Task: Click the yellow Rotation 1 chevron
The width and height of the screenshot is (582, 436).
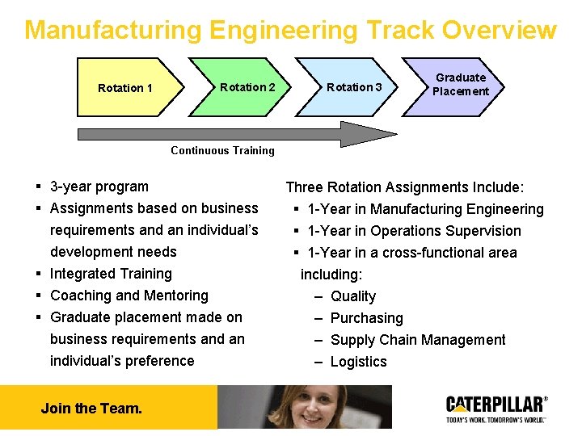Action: pyautogui.click(x=125, y=87)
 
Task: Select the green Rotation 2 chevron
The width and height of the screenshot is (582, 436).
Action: pyautogui.click(x=242, y=86)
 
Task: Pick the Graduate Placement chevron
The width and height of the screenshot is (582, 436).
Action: pyautogui.click(x=459, y=85)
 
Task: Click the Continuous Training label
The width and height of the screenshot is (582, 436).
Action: pyautogui.click(x=222, y=150)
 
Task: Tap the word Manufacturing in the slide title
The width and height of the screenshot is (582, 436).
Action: pyautogui.click(x=112, y=30)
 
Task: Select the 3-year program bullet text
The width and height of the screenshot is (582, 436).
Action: pyautogui.click(x=99, y=187)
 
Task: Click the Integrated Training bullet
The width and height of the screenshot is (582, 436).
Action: pyautogui.click(x=111, y=274)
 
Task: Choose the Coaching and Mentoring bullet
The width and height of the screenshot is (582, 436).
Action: pyautogui.click(x=129, y=296)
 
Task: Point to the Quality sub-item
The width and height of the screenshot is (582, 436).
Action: pyautogui.click(x=353, y=296)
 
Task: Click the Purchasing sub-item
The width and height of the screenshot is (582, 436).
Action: pyautogui.click(x=366, y=318)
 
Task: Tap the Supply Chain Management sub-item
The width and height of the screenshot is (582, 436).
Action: pyautogui.click(x=418, y=340)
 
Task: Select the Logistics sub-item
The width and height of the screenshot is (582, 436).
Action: pyautogui.click(x=358, y=362)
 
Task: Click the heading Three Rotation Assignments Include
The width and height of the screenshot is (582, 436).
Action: pyautogui.click(x=405, y=187)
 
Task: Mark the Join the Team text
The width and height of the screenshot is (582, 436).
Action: pyautogui.click(x=91, y=408)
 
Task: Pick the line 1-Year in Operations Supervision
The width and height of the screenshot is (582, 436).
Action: pyautogui.click(x=414, y=231)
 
